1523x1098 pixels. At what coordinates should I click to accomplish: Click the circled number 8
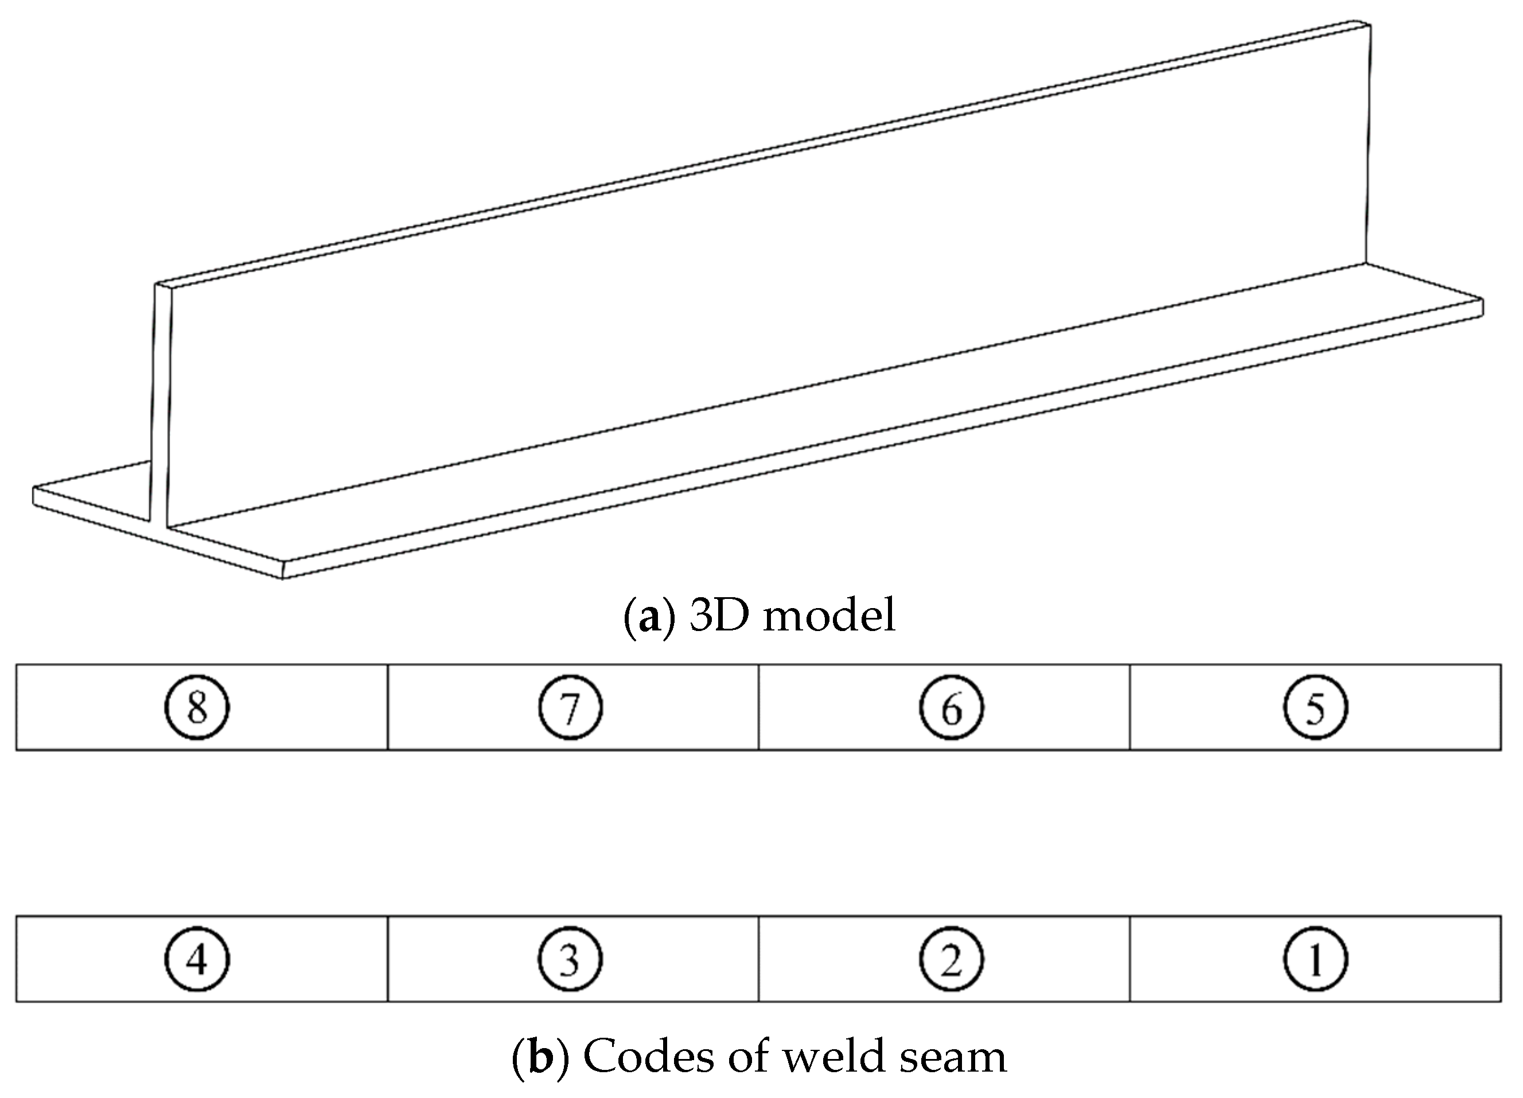coord(197,707)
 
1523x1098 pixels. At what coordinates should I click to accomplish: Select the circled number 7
coord(570,707)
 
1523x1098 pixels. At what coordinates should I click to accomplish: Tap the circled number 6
coord(951,707)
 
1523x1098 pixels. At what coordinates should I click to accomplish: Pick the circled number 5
coord(1315,707)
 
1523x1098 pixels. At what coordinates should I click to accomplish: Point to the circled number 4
coord(197,959)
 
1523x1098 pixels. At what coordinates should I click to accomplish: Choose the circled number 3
coord(570,959)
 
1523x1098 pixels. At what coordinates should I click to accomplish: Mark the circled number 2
coord(951,959)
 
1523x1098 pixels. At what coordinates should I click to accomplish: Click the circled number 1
coord(1315,959)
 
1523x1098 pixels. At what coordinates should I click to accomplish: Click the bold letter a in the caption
coord(649,617)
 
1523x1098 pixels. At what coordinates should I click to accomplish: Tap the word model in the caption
coord(829,615)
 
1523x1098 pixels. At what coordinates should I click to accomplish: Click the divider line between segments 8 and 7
coord(387,707)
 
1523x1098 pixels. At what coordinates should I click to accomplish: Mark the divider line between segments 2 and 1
coord(1129,959)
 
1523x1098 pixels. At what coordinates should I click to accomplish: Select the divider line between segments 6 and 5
coord(1129,707)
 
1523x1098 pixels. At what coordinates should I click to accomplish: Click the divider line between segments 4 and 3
coord(387,959)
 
